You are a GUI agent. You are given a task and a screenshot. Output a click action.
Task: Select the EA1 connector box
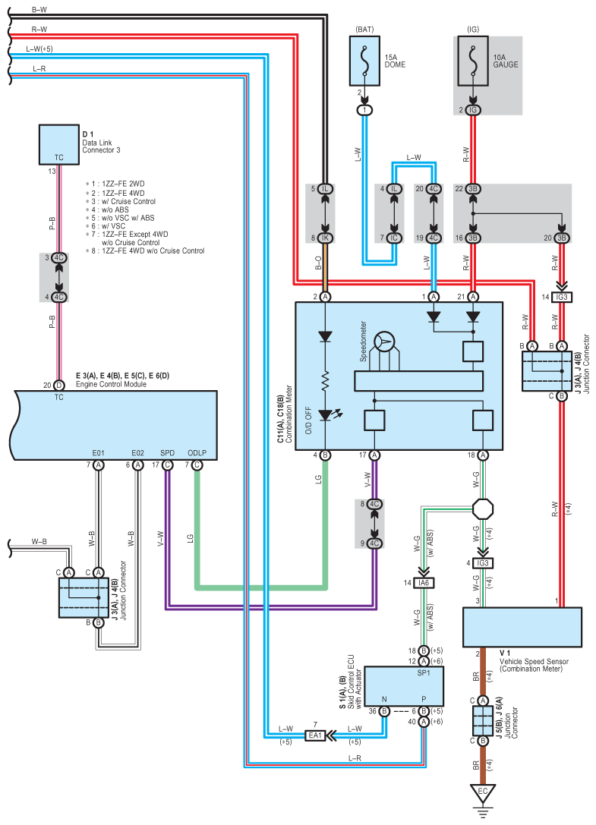coord(314,735)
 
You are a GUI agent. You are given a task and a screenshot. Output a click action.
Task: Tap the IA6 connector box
coord(423,583)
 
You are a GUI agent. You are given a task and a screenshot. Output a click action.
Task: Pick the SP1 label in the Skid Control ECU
coord(423,672)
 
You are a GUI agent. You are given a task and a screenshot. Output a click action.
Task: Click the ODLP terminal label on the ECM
coord(197,453)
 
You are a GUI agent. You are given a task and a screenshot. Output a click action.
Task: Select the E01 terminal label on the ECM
coord(98,453)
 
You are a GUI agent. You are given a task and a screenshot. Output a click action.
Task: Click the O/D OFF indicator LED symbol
coord(326,415)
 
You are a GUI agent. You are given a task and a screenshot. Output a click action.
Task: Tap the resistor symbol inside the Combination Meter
coord(326,379)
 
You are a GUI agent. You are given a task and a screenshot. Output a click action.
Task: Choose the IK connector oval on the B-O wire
coord(325,238)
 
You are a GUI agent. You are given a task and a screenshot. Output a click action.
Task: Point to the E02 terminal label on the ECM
coord(137,453)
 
